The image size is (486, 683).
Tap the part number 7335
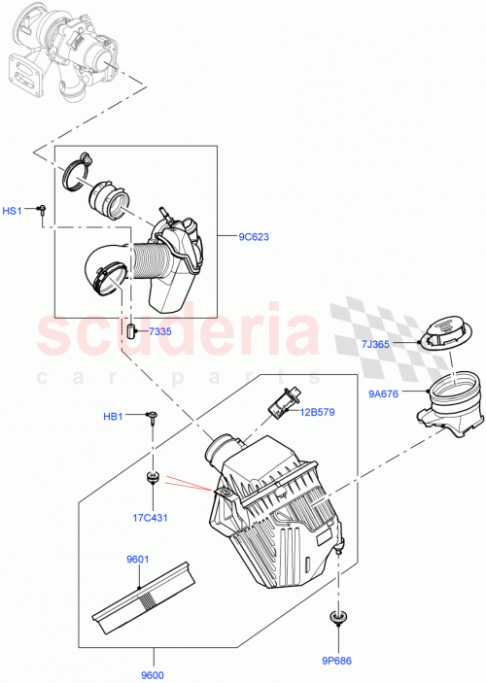160,332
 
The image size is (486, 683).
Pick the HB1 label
114,417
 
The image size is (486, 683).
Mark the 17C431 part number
151,517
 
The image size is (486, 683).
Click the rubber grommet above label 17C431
152,477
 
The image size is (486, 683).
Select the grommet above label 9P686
337,619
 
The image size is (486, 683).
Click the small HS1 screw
43,209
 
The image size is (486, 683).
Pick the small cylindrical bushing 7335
129,332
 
